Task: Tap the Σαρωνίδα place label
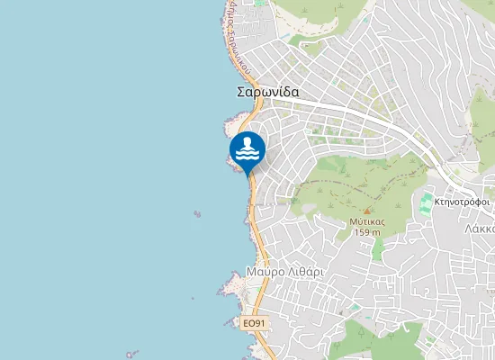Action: pos(268,92)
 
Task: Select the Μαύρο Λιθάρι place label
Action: pos(283,271)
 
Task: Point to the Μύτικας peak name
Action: pos(367,220)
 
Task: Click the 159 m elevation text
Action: pos(367,232)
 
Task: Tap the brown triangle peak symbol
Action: pos(366,211)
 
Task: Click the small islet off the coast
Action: pos(196,214)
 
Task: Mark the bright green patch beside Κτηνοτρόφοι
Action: pos(426,203)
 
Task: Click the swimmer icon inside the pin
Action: pos(247,148)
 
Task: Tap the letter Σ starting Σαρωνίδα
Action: pos(241,92)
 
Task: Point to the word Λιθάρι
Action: pos(303,271)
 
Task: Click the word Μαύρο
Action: pos(264,271)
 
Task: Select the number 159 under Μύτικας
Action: pos(362,232)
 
